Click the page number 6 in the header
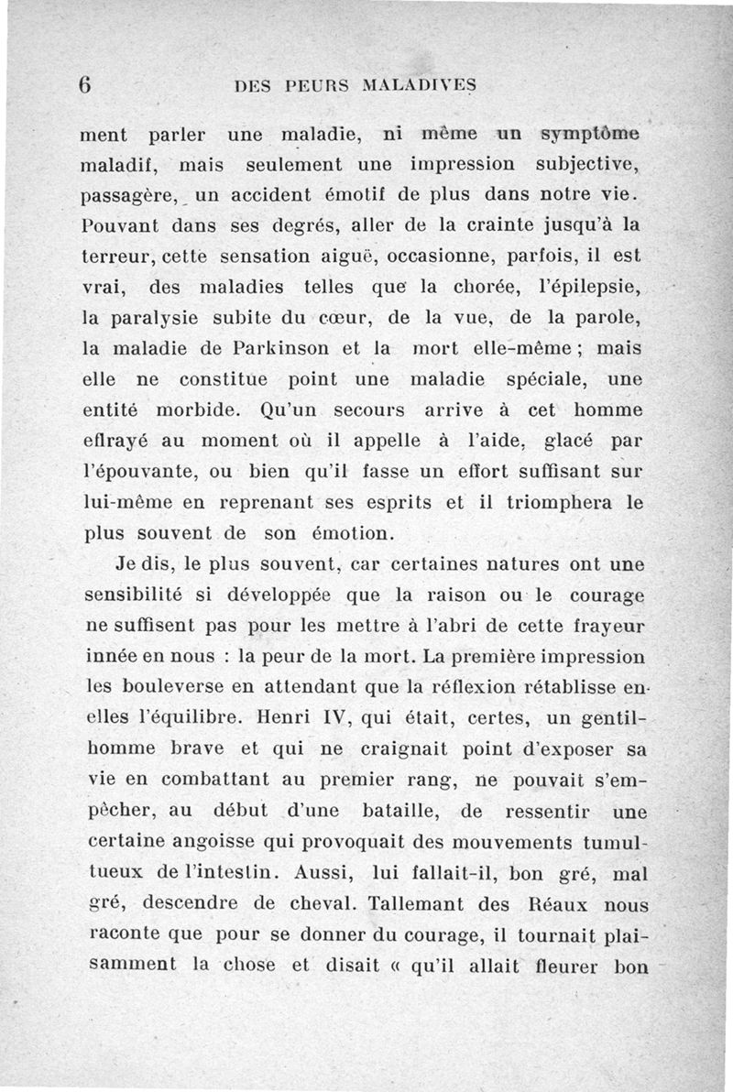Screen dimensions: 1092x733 click(85, 83)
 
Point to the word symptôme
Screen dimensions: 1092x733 click(592, 135)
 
